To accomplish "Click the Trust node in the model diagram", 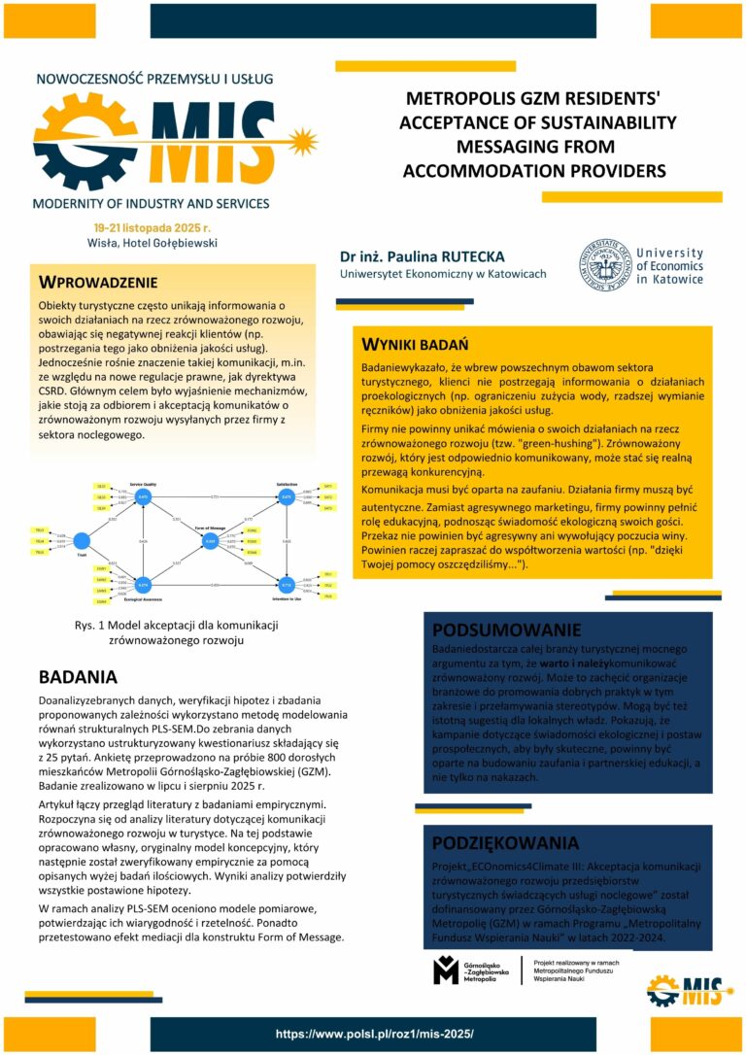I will coord(82,540).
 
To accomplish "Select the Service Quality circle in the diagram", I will coord(143,496).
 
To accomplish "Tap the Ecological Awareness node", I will coord(143,585).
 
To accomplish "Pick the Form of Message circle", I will coord(210,540).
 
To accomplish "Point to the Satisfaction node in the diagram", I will coord(287,496).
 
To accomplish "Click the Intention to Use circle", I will coord(287,585).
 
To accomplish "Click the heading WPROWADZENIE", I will coord(97,283).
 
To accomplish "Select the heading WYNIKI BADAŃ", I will coord(415,345).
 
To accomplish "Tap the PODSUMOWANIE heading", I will coord(506,630).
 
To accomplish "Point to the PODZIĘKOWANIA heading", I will coord(504,842).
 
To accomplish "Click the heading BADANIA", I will coord(78,677).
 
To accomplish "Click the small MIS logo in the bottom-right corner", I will coord(685,989).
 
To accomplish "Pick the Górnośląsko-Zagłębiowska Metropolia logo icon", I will coord(446,969).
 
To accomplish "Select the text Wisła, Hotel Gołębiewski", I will coord(150,243).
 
